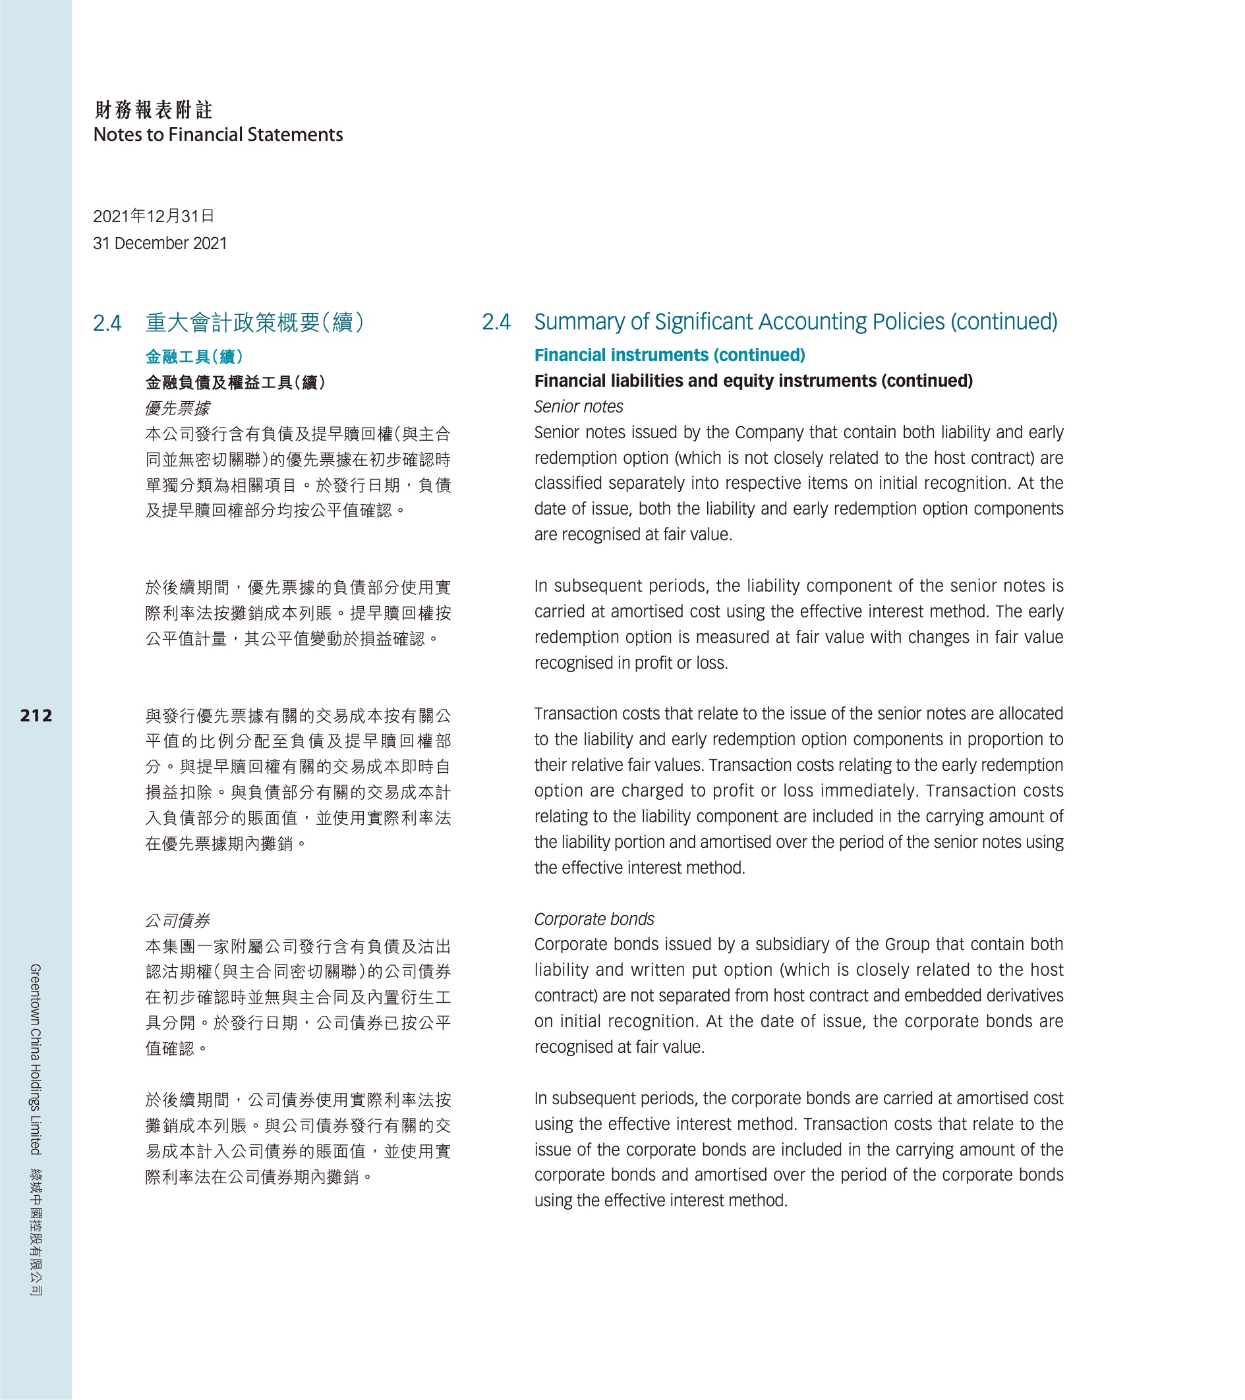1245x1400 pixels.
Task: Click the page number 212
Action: [x=36, y=715]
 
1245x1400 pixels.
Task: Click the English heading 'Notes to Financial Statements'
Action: [x=218, y=135]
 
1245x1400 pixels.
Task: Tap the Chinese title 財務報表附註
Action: [x=154, y=109]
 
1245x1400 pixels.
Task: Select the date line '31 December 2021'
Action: [x=159, y=243]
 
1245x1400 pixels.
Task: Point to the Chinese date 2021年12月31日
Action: [x=154, y=217]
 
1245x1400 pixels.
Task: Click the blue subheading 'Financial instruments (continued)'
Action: [x=670, y=355]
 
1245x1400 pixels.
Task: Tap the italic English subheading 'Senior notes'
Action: [x=578, y=407]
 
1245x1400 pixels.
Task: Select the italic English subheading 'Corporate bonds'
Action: [x=594, y=919]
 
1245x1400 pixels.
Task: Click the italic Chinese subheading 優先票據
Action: [x=177, y=408]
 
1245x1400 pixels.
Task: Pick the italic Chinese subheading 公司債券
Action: [x=177, y=920]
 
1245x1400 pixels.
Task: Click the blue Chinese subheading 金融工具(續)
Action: [x=194, y=356]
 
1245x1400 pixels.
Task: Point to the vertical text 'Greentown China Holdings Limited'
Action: [x=35, y=1059]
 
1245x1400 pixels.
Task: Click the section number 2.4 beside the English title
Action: [x=496, y=322]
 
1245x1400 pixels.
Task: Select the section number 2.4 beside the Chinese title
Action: [x=107, y=323]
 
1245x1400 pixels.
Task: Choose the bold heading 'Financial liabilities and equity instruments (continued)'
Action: [x=753, y=381]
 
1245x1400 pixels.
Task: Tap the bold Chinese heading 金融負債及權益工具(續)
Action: [x=235, y=382]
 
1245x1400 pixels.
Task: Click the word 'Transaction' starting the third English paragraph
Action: [x=568, y=714]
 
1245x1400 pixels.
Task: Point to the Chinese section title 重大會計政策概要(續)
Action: [x=254, y=323]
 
